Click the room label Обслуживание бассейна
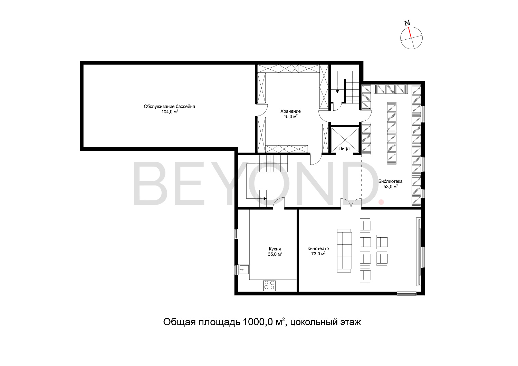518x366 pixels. (169, 107)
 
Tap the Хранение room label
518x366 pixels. (290, 111)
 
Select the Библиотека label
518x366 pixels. (390, 181)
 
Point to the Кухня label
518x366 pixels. (275, 249)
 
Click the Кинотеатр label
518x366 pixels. (318, 249)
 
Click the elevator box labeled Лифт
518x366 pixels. (345, 140)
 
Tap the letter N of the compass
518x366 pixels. (407, 23)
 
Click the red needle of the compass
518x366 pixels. (410, 32)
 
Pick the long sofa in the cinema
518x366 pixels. (344, 250)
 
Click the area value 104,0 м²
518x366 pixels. (170, 112)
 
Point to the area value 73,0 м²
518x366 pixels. (318, 254)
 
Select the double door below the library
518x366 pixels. (351, 203)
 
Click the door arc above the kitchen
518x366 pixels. (279, 201)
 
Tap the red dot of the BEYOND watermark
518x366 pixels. (381, 202)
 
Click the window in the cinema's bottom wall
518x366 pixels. (406, 294)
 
